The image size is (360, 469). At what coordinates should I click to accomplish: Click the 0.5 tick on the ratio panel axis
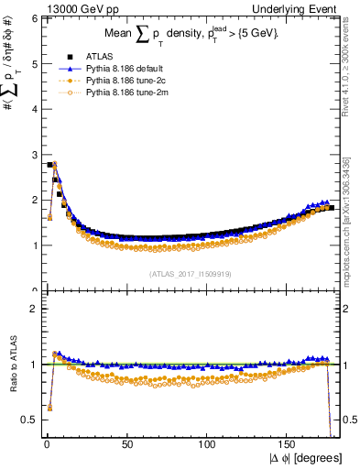pos(30,420)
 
